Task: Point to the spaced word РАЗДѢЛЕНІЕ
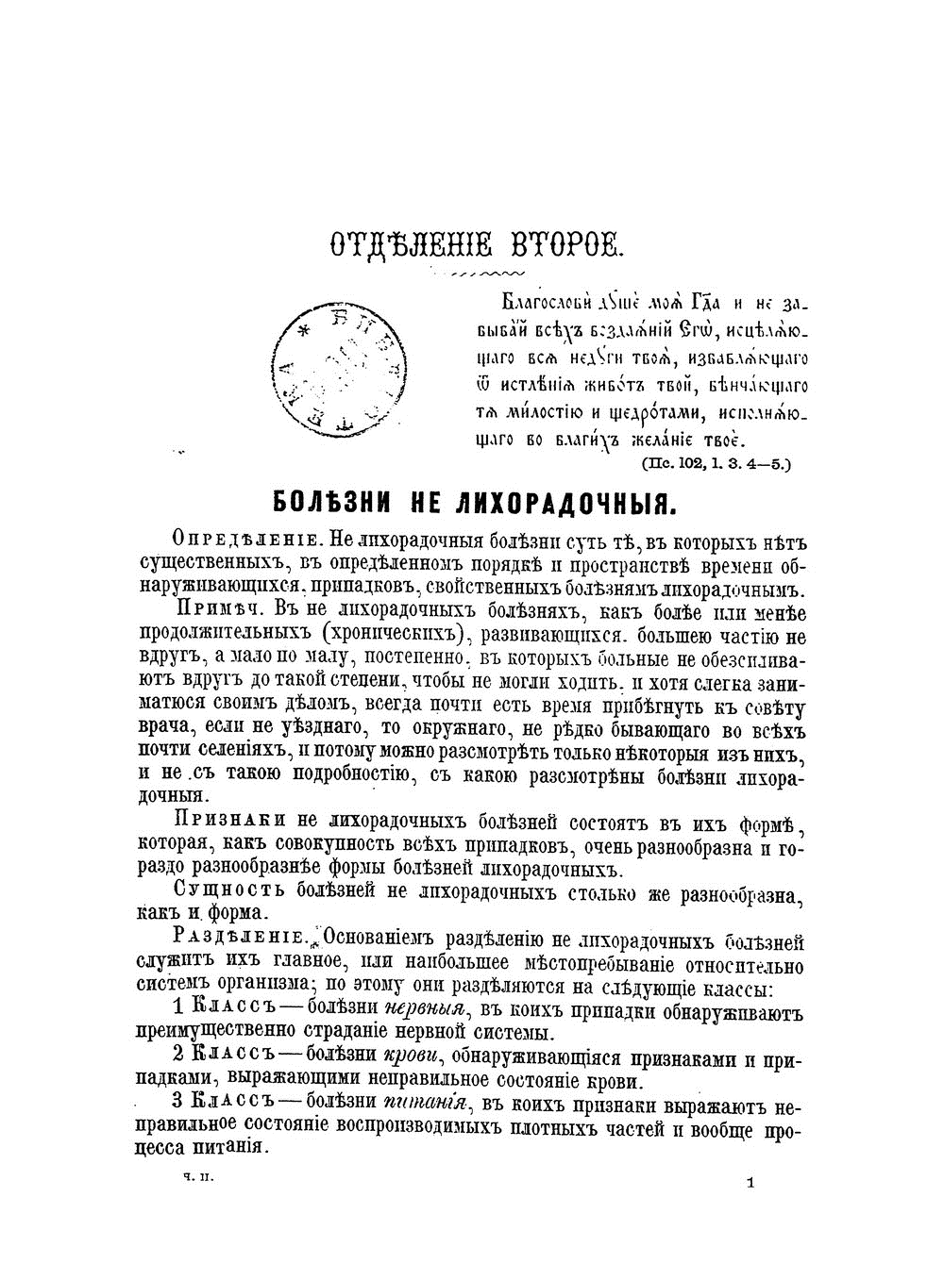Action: [x=240, y=940]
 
